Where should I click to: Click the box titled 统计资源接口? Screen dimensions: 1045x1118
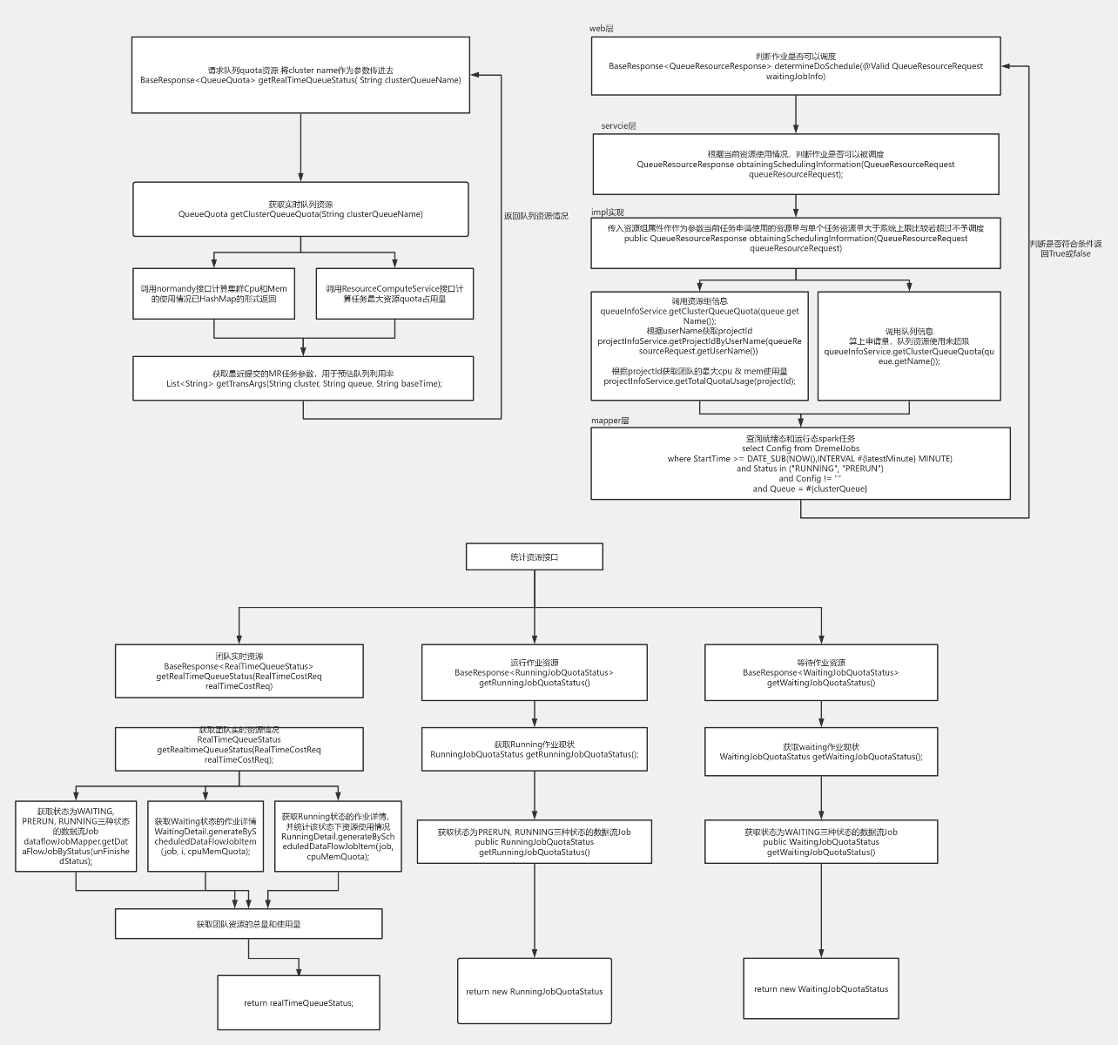tap(534, 556)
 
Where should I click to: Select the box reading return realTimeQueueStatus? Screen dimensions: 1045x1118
tap(298, 1002)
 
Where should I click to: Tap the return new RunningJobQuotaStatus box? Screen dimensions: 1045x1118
tap(534, 991)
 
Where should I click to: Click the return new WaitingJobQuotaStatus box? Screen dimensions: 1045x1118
tap(820, 988)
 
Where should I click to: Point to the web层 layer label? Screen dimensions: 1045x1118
tap(602, 29)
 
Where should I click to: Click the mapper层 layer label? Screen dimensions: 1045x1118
tap(610, 421)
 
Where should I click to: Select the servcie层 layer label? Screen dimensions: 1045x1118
tap(618, 126)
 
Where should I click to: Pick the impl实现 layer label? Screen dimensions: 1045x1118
tap(608, 212)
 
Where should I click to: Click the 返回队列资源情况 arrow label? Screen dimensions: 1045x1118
tap(535, 216)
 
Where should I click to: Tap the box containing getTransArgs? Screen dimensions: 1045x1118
tap(303, 379)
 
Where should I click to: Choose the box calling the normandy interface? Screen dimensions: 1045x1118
tap(213, 293)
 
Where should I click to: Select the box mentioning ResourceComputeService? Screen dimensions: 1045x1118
tap(394, 293)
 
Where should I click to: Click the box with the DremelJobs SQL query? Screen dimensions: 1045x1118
tap(800, 463)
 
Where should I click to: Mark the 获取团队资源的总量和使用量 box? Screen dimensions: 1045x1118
tap(248, 924)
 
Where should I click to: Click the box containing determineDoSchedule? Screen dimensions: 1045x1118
tap(795, 66)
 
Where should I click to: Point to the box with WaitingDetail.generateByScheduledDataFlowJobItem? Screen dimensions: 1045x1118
tap(205, 836)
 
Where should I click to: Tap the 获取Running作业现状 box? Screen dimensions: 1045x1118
tap(534, 750)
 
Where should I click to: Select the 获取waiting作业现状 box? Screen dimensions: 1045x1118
tap(820, 752)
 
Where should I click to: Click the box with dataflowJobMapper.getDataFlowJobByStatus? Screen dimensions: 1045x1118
tap(76, 836)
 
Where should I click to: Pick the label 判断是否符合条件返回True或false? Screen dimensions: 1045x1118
tap(1065, 249)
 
